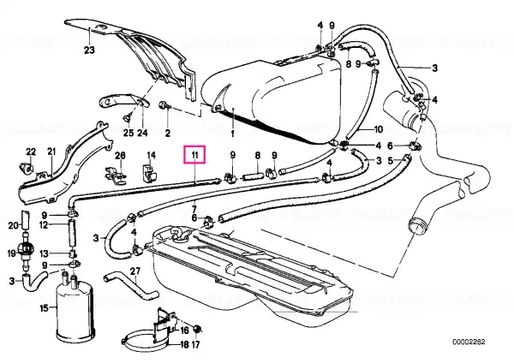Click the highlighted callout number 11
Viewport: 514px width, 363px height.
[194, 155]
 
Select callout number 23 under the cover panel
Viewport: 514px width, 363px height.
[89, 51]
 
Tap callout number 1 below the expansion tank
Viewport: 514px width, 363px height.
[232, 134]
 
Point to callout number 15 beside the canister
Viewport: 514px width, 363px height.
[45, 308]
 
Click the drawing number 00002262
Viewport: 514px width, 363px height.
[469, 342]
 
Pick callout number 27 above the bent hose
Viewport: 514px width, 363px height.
[135, 271]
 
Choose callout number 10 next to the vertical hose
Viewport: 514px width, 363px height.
[378, 129]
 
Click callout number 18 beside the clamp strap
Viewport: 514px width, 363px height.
[185, 345]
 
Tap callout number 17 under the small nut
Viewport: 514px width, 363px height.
[195, 345]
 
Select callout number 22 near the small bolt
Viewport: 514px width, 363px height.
[31, 152]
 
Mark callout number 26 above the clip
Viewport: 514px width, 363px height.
[120, 155]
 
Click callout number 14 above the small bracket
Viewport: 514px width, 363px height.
[151, 155]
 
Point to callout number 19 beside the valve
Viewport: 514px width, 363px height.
[11, 253]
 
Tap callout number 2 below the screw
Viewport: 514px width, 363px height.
[168, 134]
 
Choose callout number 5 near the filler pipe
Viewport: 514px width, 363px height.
[390, 161]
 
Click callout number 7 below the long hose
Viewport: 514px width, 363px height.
[194, 209]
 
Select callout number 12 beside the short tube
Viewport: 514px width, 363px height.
[44, 225]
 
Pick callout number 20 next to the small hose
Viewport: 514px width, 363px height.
[14, 226]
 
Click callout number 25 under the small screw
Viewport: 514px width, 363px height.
[128, 133]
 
